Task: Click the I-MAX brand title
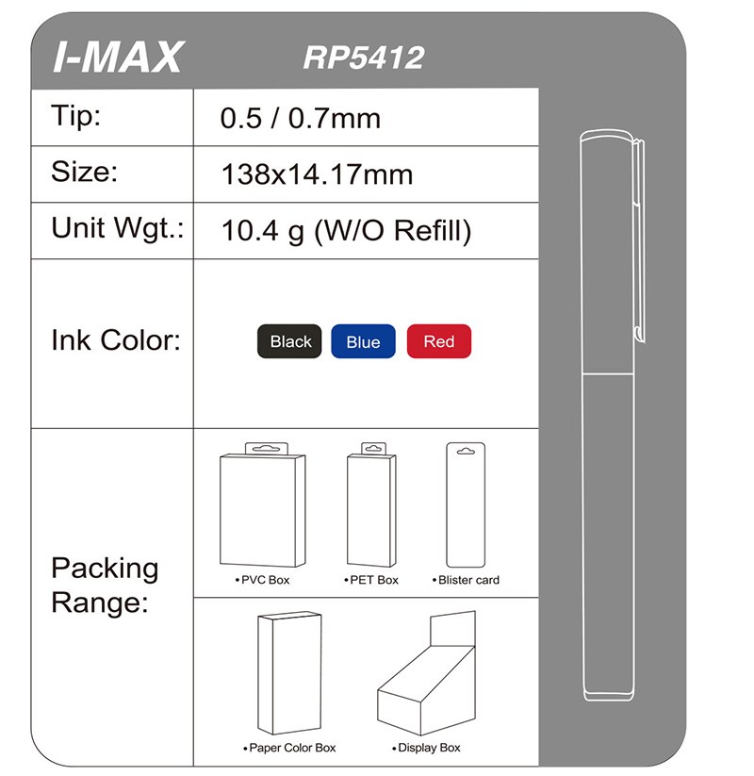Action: (x=118, y=58)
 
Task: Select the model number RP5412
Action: (x=364, y=58)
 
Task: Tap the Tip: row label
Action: (x=75, y=116)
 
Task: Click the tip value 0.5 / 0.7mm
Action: (x=301, y=119)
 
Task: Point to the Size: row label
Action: (x=84, y=172)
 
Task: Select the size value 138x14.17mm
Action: (x=317, y=174)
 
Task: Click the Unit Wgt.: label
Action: (x=117, y=229)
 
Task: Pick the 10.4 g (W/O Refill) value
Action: (x=346, y=231)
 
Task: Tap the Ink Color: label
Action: (x=116, y=340)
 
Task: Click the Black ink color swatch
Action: (x=289, y=341)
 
